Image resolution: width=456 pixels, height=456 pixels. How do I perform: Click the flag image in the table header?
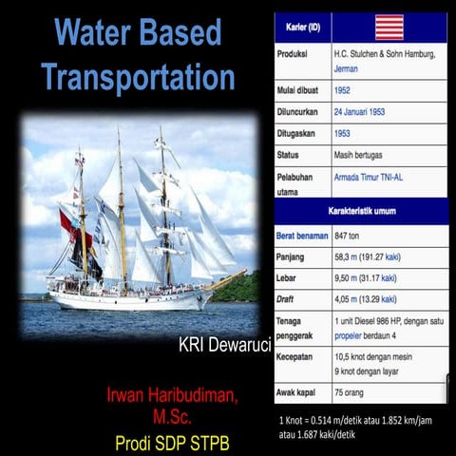click(x=389, y=27)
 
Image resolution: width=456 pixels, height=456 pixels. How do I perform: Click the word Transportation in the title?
click(x=139, y=76)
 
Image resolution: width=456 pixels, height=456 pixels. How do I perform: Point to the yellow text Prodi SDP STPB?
click(x=173, y=442)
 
